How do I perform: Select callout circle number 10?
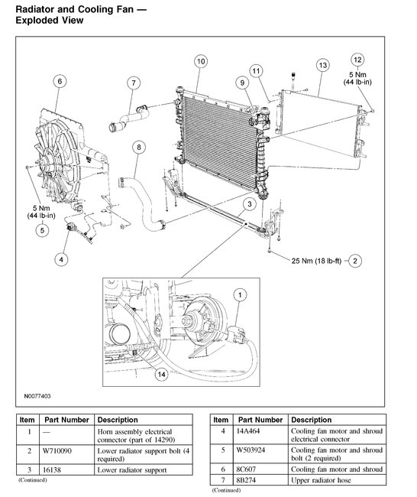[x=200, y=60]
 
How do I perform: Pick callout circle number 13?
[x=322, y=66]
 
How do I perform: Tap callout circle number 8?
[x=138, y=147]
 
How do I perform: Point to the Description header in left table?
[x=118, y=420]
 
